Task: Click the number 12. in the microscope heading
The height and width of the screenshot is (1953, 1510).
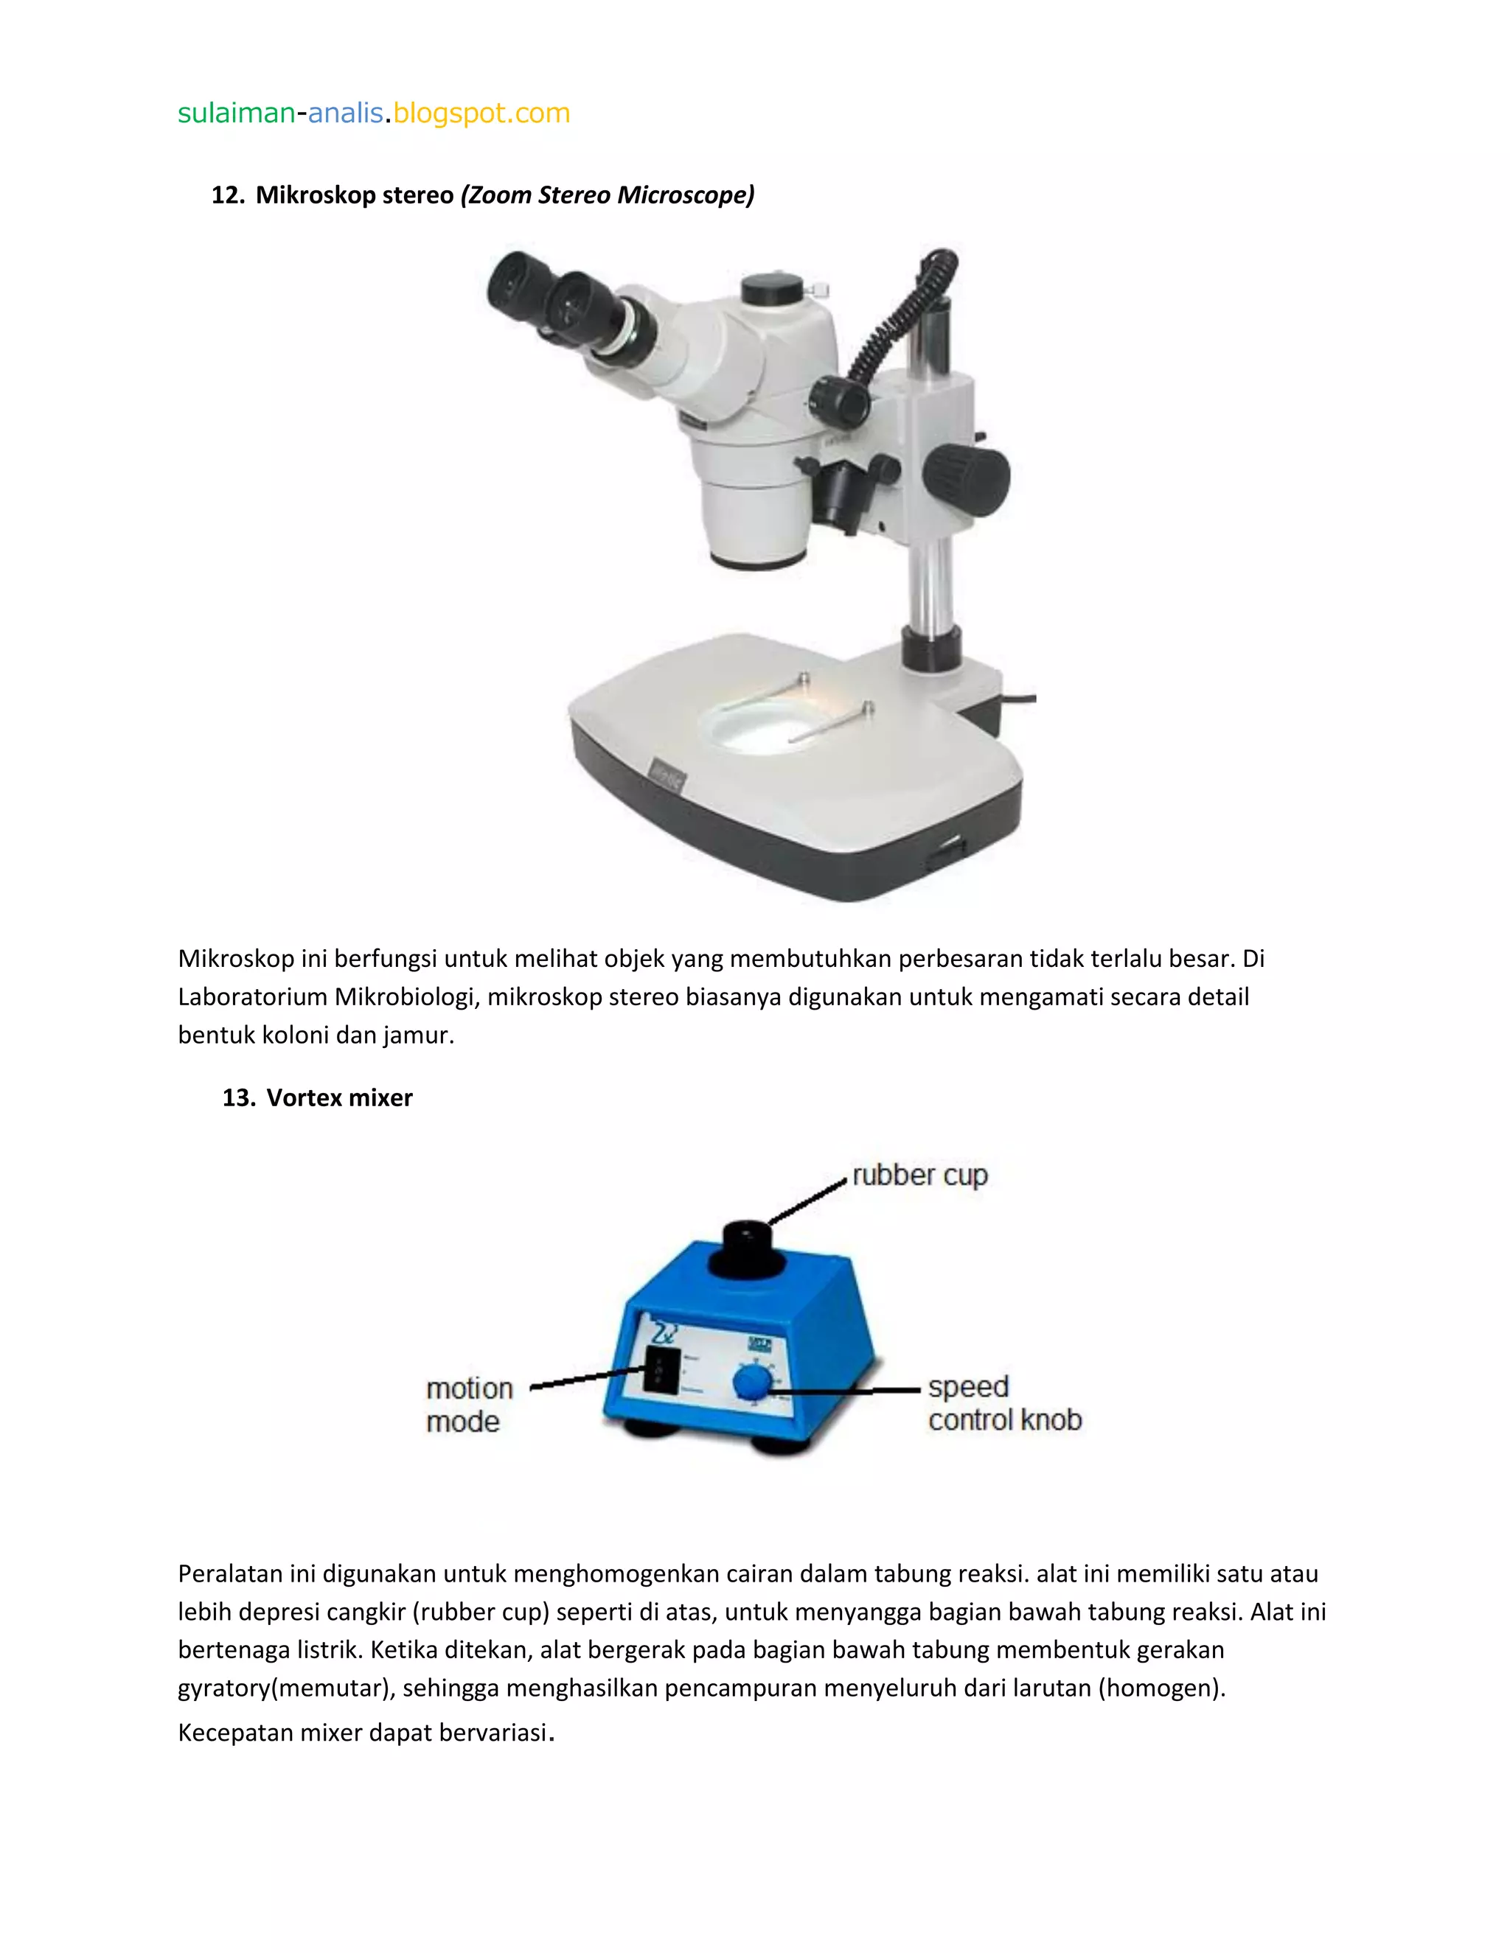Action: [x=227, y=195]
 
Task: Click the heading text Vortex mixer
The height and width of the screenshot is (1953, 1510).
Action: [x=339, y=1097]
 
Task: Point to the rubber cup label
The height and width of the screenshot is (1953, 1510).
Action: [x=919, y=1175]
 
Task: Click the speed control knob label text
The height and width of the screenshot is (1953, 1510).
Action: [x=1003, y=1403]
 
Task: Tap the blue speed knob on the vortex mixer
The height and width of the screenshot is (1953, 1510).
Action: [x=751, y=1383]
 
